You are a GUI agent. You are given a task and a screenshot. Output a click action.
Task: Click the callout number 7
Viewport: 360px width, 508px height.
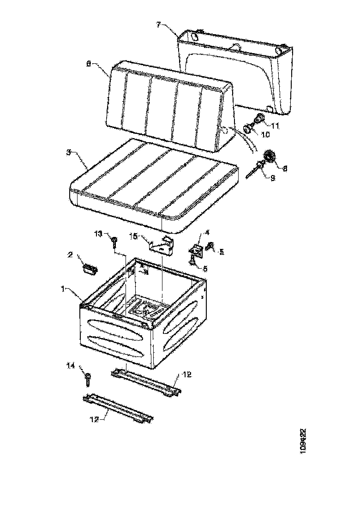158,24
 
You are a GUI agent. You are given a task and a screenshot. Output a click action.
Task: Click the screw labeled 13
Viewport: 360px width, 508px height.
114,241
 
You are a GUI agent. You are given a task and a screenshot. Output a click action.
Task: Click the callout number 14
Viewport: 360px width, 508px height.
70,366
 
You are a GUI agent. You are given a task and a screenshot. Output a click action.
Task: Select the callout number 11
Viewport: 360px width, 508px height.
275,125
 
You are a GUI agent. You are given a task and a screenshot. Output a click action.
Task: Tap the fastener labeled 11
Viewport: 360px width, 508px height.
259,119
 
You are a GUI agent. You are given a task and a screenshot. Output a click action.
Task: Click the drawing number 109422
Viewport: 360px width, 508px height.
303,441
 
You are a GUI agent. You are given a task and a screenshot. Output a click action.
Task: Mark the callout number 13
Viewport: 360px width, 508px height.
98,234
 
